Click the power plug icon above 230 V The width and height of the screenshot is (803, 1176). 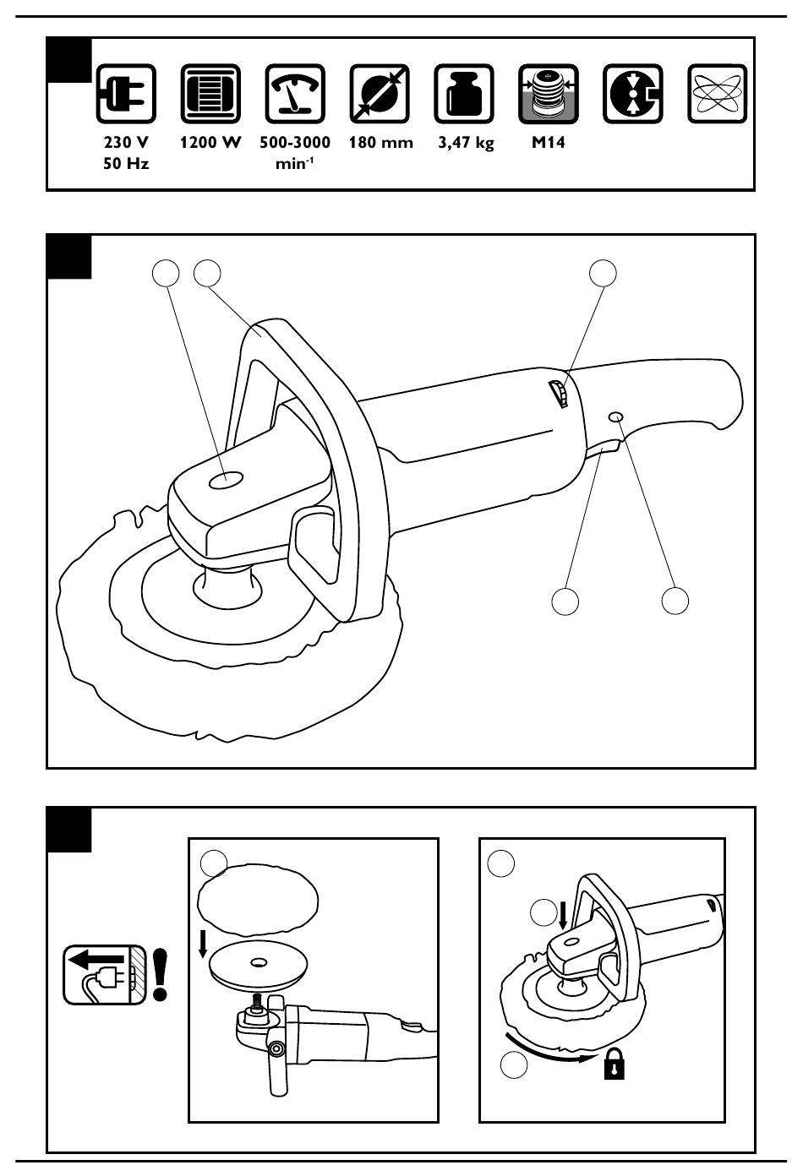point(126,94)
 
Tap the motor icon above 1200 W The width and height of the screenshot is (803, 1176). point(210,94)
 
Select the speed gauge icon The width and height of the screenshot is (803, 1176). point(295,94)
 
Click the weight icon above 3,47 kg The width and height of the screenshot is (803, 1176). point(464,94)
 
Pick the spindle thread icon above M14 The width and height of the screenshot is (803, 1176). point(549,94)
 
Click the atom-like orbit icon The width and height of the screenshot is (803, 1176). point(718,94)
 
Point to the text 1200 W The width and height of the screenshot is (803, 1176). point(210,142)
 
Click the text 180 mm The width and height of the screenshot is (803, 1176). point(380,142)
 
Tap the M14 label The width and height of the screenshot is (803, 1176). point(549,142)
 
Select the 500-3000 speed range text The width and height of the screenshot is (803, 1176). point(295,142)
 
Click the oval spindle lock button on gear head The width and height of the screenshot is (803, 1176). point(226,479)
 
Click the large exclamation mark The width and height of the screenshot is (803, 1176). point(161,974)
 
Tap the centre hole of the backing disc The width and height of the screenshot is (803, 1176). point(258,963)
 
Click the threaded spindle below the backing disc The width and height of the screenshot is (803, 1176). point(257,1000)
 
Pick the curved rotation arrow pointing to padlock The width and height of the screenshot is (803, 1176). point(550,1050)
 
